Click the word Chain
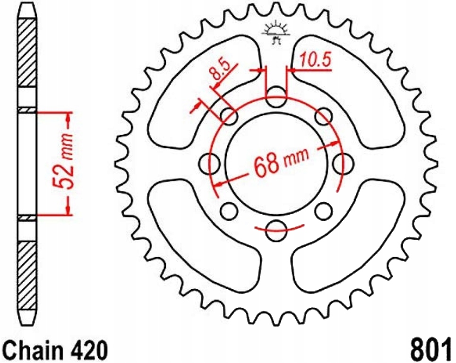coord(33,350)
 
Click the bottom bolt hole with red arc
coord(276,230)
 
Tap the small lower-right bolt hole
coord(323,211)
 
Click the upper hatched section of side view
coord(27,52)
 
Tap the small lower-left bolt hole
coord(229,211)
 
